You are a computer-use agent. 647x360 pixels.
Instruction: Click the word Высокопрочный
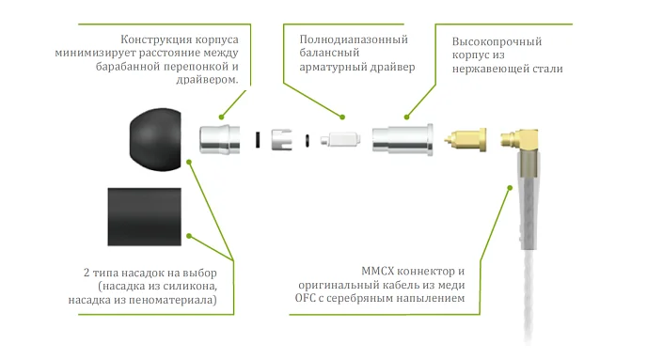coord(497,42)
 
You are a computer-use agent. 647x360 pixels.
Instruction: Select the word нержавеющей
coord(483,70)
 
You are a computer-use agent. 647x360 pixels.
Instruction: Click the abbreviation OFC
coord(309,297)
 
